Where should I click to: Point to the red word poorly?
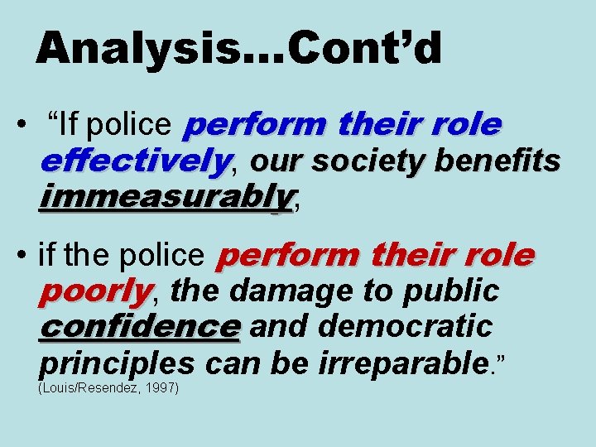click(x=96, y=291)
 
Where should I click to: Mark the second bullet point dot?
click(x=23, y=257)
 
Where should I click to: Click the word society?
click(x=359, y=161)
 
